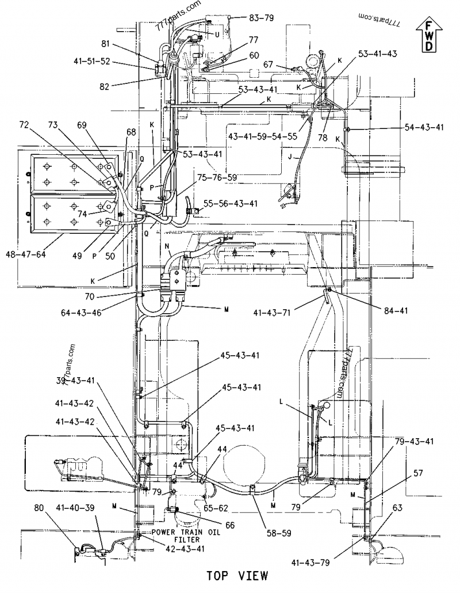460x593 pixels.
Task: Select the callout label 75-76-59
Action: [217, 177]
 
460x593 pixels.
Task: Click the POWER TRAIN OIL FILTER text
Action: [176, 535]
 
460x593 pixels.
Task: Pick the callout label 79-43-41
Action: [414, 441]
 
